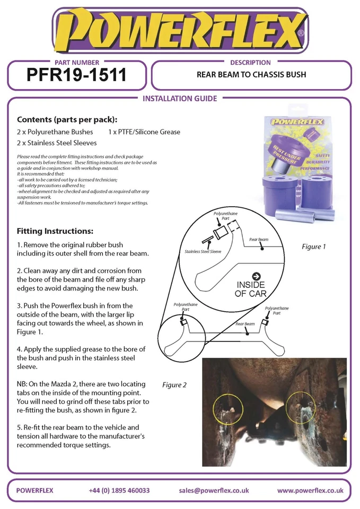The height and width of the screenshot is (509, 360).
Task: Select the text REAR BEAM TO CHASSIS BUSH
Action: click(x=251, y=75)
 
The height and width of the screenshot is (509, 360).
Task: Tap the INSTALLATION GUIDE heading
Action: click(x=180, y=99)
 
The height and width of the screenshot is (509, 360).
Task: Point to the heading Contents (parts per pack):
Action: click(x=67, y=119)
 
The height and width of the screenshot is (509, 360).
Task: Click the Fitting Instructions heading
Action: click(x=55, y=231)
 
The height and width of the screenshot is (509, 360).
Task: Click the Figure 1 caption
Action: click(x=313, y=247)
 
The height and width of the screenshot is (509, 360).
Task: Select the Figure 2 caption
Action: click(x=174, y=385)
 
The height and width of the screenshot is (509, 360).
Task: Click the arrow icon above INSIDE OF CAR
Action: click(x=256, y=276)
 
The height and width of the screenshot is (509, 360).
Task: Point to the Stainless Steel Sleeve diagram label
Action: click(x=203, y=251)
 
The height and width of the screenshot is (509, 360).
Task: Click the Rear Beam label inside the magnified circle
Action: click(x=259, y=240)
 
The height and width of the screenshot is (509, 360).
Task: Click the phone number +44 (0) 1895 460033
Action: click(x=119, y=490)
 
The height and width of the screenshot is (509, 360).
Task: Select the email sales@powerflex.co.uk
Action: click(x=214, y=490)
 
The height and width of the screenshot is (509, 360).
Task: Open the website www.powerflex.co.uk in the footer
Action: click(x=310, y=490)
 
